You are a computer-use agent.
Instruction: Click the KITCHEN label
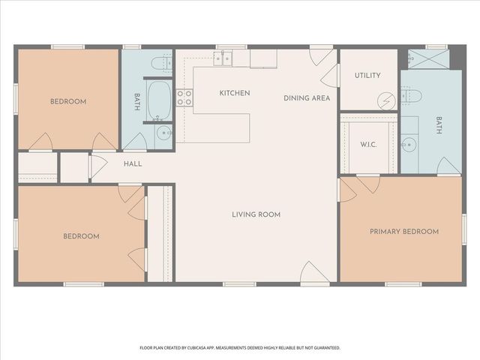click(x=234, y=93)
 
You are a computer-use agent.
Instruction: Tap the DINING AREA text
click(x=307, y=98)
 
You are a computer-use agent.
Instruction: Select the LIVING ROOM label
click(x=256, y=214)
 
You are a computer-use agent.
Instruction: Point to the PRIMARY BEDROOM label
click(x=403, y=232)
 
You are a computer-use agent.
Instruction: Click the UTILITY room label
click(x=367, y=76)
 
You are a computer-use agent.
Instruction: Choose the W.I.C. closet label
click(x=367, y=145)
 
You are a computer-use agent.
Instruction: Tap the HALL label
click(x=133, y=163)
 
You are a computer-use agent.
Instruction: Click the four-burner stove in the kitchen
click(x=184, y=97)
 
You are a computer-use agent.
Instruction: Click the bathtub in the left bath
click(x=159, y=100)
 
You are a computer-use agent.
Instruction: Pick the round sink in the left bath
click(x=164, y=135)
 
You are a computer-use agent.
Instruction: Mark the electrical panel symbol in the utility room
click(x=386, y=100)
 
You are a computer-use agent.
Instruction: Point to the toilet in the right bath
click(x=411, y=95)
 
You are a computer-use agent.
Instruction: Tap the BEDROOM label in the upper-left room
click(x=68, y=101)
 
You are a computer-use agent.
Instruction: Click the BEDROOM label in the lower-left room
click(x=81, y=236)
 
